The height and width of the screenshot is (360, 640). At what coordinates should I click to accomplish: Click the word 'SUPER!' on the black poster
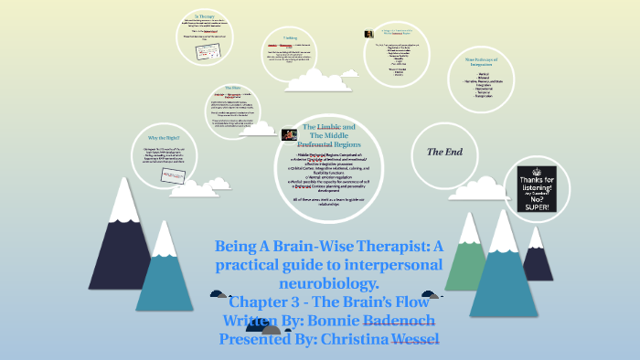538,207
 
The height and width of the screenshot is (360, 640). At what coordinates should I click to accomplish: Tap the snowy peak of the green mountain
468,224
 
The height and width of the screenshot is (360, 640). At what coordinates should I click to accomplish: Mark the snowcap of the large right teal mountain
502,224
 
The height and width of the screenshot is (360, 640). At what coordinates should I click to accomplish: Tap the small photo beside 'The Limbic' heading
289,134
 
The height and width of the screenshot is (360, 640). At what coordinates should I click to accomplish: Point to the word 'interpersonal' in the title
391,265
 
